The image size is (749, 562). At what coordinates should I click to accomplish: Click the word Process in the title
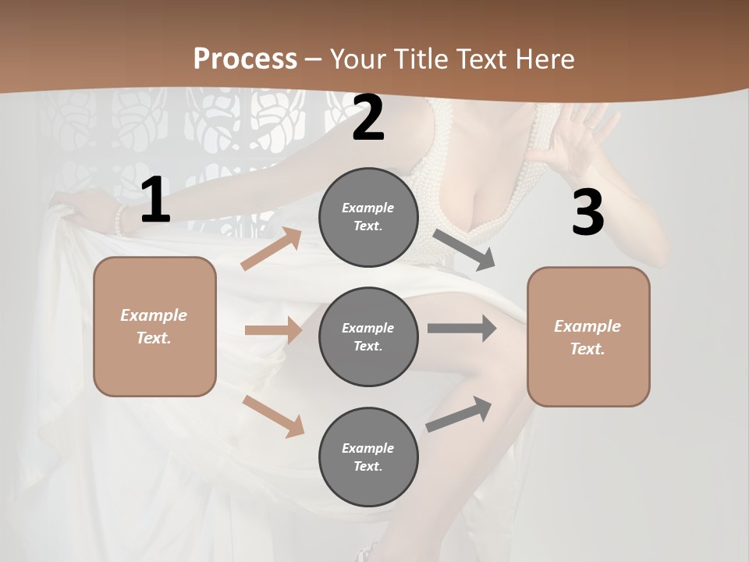(x=244, y=59)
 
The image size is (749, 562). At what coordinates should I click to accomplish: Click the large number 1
(x=155, y=201)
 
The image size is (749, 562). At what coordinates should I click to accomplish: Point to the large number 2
(x=368, y=118)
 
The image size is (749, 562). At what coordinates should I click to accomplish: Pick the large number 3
(x=587, y=212)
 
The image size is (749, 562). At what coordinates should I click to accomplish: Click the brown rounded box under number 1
(x=154, y=326)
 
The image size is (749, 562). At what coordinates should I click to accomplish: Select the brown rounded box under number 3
(x=588, y=337)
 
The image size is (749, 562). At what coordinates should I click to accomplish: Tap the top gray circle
(x=368, y=217)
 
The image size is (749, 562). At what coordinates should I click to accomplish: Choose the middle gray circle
(x=368, y=336)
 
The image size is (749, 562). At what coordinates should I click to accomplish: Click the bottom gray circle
(x=368, y=457)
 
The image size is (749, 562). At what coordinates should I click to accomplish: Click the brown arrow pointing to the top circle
(x=272, y=249)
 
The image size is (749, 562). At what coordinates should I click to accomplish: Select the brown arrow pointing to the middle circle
(x=273, y=330)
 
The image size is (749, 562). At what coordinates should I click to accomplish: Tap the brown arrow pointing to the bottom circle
(x=274, y=416)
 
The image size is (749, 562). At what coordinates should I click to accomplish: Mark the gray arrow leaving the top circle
(x=464, y=250)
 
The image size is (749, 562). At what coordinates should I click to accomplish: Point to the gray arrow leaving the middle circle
(x=462, y=328)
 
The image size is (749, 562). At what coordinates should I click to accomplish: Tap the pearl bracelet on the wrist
(x=119, y=220)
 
